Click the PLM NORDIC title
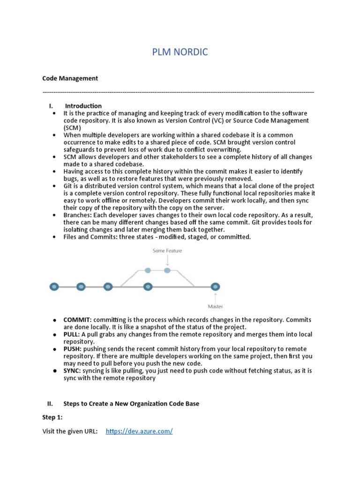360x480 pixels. [180, 52]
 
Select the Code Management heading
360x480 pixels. [70, 78]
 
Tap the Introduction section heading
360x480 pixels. [83, 106]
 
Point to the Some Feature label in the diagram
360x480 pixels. [167, 251]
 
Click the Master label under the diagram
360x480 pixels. [215, 307]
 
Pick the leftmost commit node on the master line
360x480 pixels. [54, 286]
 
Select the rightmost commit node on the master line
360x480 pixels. [215, 286]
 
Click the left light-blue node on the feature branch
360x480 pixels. [148, 270]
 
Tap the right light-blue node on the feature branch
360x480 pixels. [167, 270]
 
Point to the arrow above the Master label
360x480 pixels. [215, 297]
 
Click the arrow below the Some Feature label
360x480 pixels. [167, 260]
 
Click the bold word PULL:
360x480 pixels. [72, 335]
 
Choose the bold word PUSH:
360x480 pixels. [73, 349]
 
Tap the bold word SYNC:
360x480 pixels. [72, 371]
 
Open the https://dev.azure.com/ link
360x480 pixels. [139, 431]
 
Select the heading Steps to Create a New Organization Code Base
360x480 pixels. [131, 404]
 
